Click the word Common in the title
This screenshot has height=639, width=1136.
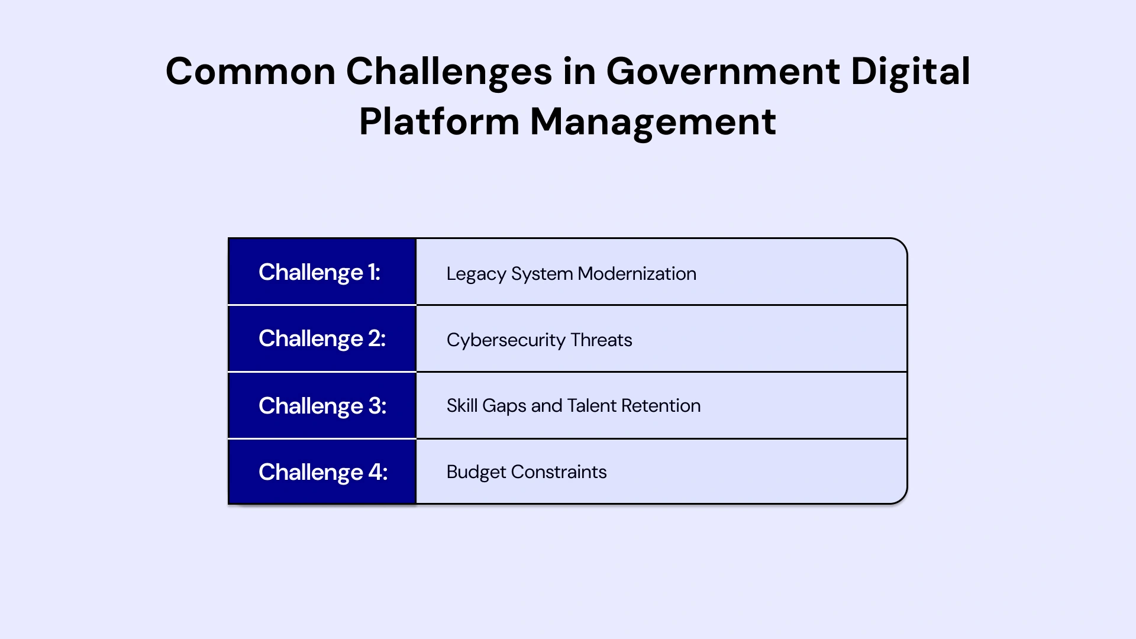(x=251, y=72)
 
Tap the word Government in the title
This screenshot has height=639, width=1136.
(x=722, y=72)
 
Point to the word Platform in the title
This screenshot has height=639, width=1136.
(x=439, y=122)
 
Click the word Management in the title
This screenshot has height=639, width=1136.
(x=653, y=122)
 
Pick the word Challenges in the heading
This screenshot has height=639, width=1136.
(x=448, y=72)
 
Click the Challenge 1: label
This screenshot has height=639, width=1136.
(x=319, y=272)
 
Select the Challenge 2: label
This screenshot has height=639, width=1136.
(x=322, y=338)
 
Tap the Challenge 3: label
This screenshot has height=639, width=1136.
(x=322, y=406)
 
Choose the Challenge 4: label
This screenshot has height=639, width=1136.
(x=323, y=472)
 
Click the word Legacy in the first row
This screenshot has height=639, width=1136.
(x=476, y=274)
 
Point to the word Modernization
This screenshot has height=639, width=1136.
(x=637, y=274)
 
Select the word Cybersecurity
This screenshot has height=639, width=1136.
(x=506, y=340)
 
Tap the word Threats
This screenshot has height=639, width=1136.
(x=601, y=340)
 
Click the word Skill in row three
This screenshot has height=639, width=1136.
(x=461, y=406)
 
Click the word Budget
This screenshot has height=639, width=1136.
(x=476, y=472)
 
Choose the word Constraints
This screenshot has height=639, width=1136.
(x=559, y=472)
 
